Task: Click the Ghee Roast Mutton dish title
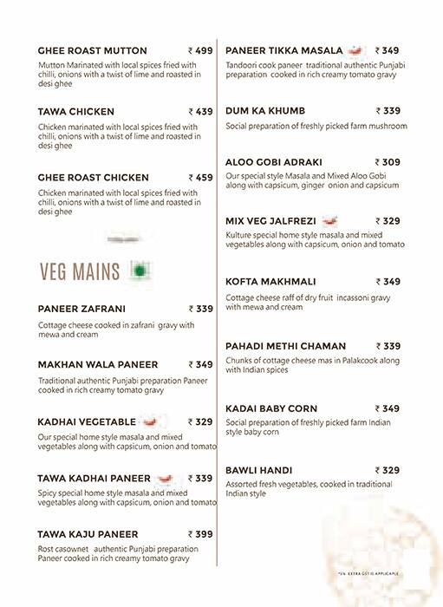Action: click(93, 51)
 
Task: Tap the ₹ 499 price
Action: click(200, 51)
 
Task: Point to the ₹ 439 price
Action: click(200, 112)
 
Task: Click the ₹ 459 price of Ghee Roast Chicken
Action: click(200, 178)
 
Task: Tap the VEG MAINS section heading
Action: click(80, 272)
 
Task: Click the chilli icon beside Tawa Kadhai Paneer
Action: click(166, 478)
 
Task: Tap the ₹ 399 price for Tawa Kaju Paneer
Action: click(200, 534)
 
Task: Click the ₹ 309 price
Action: click(388, 162)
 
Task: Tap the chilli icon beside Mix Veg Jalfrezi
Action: click(329, 221)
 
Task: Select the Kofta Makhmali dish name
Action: click(270, 282)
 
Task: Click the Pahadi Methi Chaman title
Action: click(285, 346)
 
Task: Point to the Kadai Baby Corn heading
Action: click(271, 408)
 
